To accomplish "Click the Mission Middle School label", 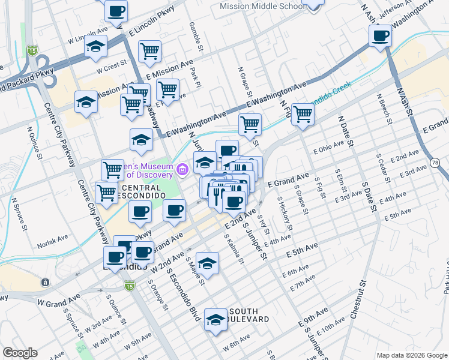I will (262, 6).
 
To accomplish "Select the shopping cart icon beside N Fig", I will (303, 114).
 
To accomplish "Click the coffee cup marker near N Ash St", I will (381, 37).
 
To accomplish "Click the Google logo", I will (19, 353).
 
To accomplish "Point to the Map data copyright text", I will (411, 355).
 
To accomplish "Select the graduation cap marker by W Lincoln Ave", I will (95, 47).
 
